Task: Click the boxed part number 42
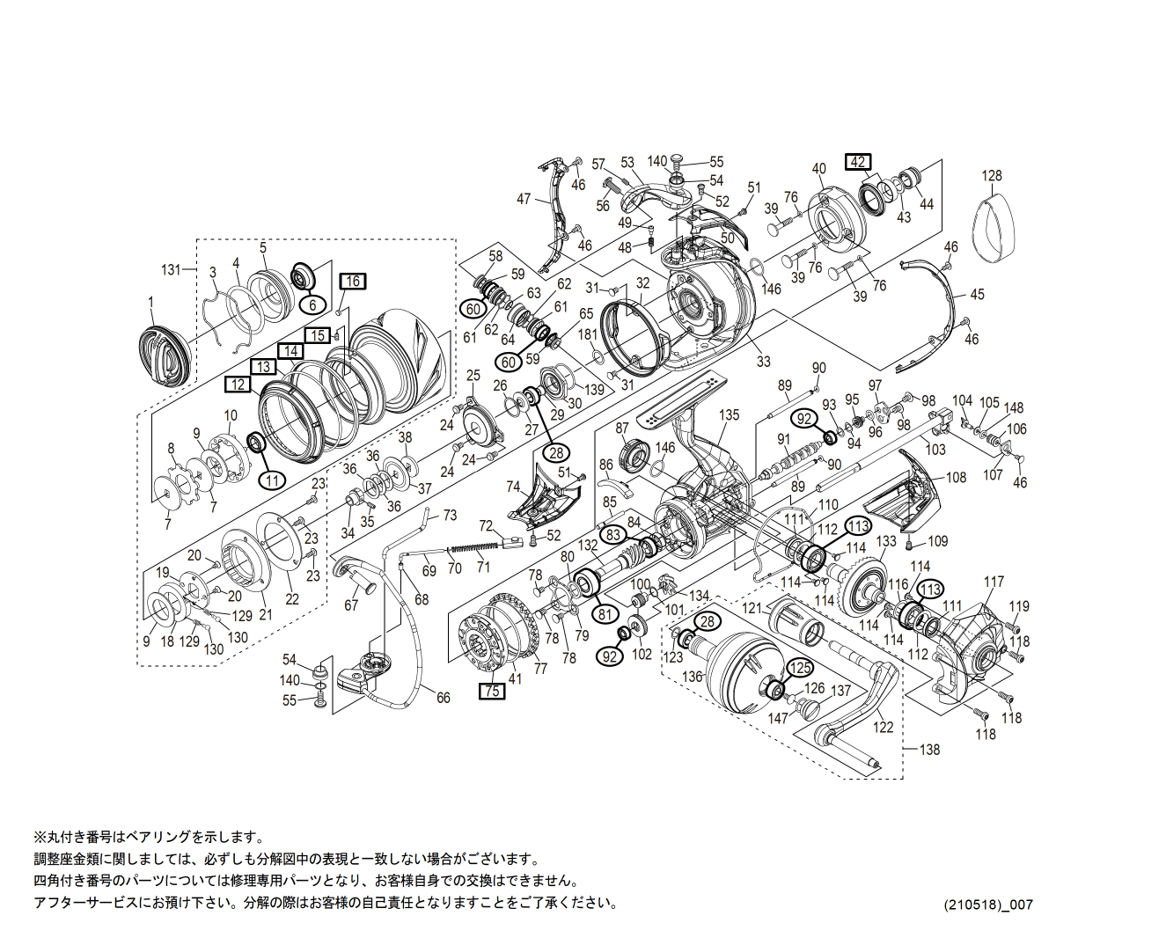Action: coord(858,162)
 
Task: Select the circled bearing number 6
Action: coord(312,304)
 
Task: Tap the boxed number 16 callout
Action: coord(352,282)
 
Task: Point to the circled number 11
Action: coord(273,480)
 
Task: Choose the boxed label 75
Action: coord(492,691)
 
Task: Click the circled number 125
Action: coord(799,669)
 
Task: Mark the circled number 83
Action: coord(613,534)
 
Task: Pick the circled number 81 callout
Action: coord(605,613)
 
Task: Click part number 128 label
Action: coord(992,176)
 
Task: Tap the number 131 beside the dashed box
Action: coord(171,270)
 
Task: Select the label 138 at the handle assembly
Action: coord(929,750)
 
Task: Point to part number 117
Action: coord(994,582)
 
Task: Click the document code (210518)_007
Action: coord(988,905)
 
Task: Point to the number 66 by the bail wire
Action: coord(444,698)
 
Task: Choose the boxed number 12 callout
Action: coord(237,385)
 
